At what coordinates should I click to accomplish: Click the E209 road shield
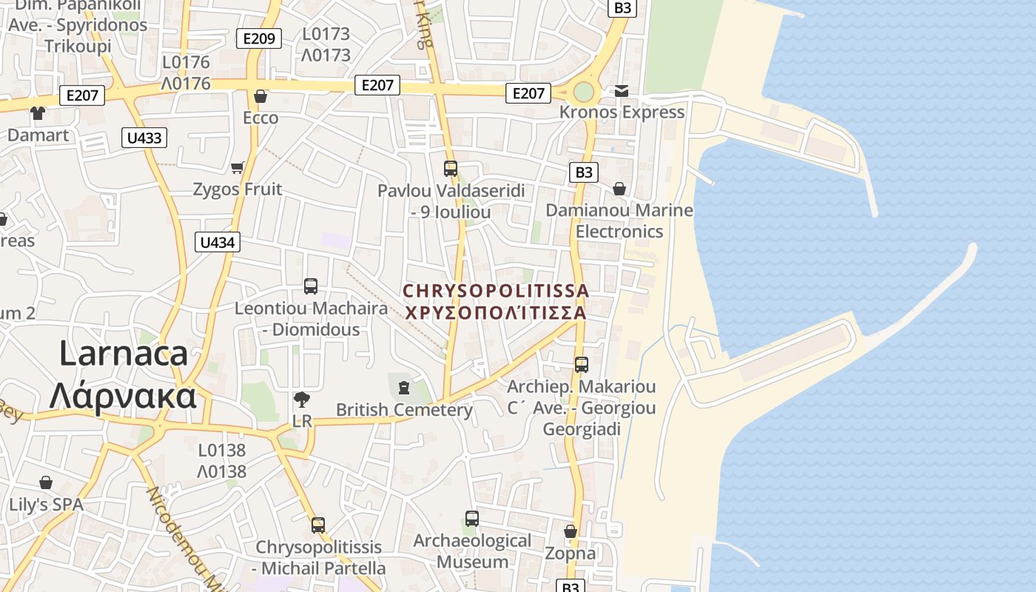pyautogui.click(x=258, y=38)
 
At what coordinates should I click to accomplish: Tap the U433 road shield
pyautogui.click(x=144, y=138)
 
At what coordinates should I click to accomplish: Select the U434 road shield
pyautogui.click(x=218, y=242)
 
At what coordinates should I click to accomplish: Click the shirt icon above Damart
pyautogui.click(x=38, y=113)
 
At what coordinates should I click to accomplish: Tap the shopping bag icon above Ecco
pyautogui.click(x=260, y=96)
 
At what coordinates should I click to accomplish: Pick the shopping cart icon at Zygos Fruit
pyautogui.click(x=238, y=168)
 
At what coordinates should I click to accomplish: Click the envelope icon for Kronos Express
pyautogui.click(x=622, y=91)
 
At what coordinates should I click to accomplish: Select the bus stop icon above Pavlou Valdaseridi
pyautogui.click(x=451, y=169)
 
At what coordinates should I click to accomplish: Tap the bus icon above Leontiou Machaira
pyautogui.click(x=311, y=286)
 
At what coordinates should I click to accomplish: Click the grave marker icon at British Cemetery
pyautogui.click(x=404, y=387)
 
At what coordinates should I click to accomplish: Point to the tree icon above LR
pyautogui.click(x=301, y=400)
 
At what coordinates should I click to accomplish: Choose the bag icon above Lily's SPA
pyautogui.click(x=46, y=483)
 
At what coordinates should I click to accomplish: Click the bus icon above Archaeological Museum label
pyautogui.click(x=472, y=519)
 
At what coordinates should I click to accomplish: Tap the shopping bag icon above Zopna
pyautogui.click(x=571, y=531)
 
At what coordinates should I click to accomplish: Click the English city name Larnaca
pyautogui.click(x=124, y=353)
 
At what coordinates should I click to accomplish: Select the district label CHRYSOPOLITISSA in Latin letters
pyautogui.click(x=496, y=291)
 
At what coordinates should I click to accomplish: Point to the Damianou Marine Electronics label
pyautogui.click(x=619, y=221)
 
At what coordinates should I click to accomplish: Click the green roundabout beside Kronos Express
pyautogui.click(x=583, y=92)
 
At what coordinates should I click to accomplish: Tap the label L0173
pyautogui.click(x=326, y=34)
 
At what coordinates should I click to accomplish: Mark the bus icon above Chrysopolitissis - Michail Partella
pyautogui.click(x=318, y=525)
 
